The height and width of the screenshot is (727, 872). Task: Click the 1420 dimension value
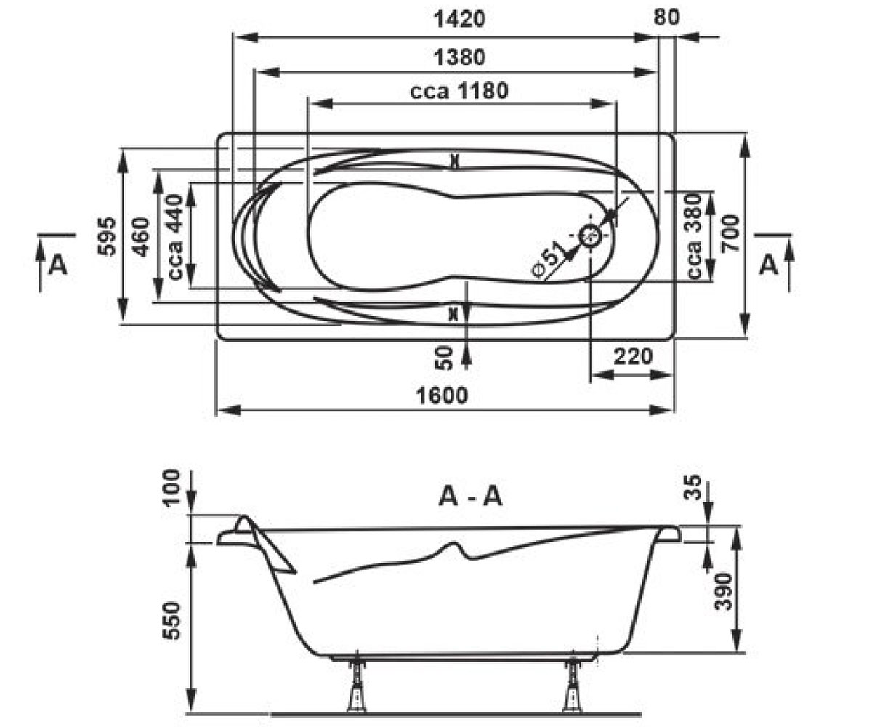point(459,19)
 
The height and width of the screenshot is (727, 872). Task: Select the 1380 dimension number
point(459,57)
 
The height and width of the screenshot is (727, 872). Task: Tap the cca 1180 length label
point(459,90)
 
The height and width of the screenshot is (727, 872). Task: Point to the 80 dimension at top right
point(666,17)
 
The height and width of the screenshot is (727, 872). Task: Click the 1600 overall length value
point(442,395)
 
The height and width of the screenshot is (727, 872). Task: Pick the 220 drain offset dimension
point(633,356)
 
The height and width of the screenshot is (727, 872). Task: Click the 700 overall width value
point(730,233)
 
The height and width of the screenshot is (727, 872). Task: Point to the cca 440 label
point(176,237)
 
